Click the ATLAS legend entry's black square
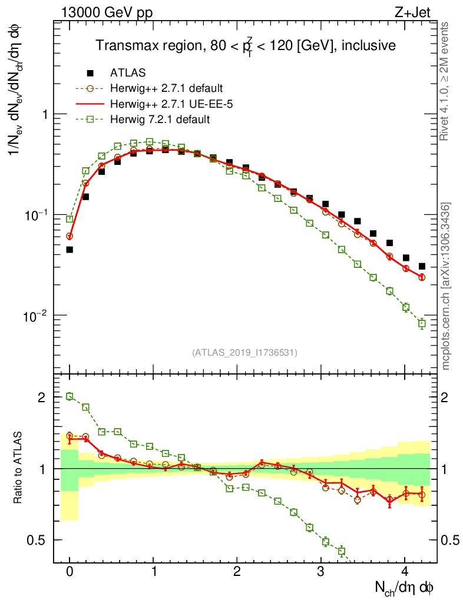coord(90,73)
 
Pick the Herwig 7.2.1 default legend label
coord(160,120)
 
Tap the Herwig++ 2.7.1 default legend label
coord(166,89)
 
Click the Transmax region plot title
coord(246,46)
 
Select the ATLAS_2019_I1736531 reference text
coord(244,353)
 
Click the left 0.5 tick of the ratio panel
coord(37,540)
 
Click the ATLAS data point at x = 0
coord(70,250)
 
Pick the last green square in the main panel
coord(421,323)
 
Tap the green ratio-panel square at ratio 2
coord(70,396)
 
